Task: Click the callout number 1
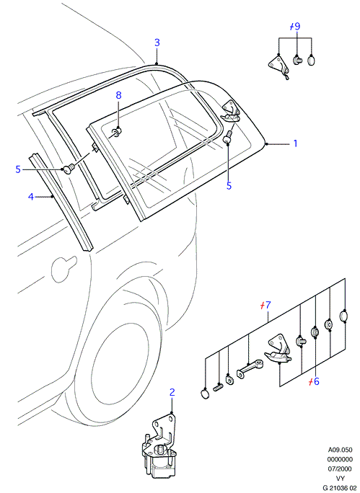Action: click(295, 143)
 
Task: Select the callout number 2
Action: click(172, 392)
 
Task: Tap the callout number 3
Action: click(157, 43)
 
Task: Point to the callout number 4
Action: click(30, 197)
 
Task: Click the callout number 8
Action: click(118, 95)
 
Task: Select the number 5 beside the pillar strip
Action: click(18, 169)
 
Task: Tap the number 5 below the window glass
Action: click(229, 186)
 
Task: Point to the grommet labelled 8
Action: click(118, 132)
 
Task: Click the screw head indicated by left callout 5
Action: click(69, 169)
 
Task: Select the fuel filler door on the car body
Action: click(63, 269)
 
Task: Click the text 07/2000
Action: click(340, 468)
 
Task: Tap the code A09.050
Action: click(341, 450)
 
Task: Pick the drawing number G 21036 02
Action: click(341, 488)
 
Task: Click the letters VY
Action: click(341, 478)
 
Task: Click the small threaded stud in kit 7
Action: click(219, 387)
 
